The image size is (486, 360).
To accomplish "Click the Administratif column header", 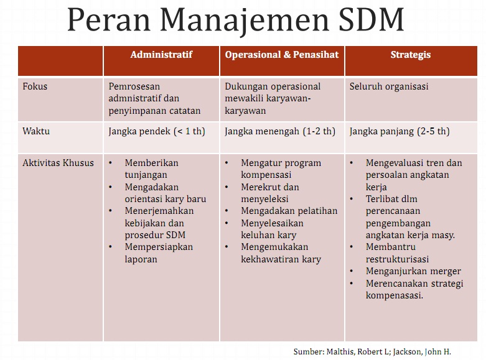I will [x=161, y=55].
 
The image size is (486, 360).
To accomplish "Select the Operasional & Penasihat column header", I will [x=281, y=55].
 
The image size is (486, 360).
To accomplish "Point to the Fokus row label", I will [x=35, y=86].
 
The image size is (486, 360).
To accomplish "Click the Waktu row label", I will [x=36, y=131].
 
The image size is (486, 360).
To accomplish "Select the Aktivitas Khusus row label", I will [x=58, y=163].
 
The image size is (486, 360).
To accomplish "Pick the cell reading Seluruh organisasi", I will [x=388, y=86].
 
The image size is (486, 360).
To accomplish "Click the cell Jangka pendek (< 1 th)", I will [x=156, y=131].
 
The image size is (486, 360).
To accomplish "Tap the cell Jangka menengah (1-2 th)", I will [x=279, y=131].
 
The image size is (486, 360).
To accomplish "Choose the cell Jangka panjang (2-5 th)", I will [x=399, y=131].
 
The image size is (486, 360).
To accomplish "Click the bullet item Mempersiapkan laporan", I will [x=158, y=253].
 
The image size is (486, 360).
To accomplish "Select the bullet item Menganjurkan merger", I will [x=413, y=271].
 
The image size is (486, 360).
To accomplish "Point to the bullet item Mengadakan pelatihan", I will [x=289, y=211].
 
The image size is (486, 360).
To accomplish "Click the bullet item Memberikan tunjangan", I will [x=151, y=169].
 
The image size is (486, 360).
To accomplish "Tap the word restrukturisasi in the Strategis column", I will [x=397, y=259].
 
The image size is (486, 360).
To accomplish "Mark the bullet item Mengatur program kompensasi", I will [x=281, y=169].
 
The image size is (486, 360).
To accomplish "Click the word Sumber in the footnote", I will [x=309, y=351].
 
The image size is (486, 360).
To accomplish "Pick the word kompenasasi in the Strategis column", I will [x=395, y=295].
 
